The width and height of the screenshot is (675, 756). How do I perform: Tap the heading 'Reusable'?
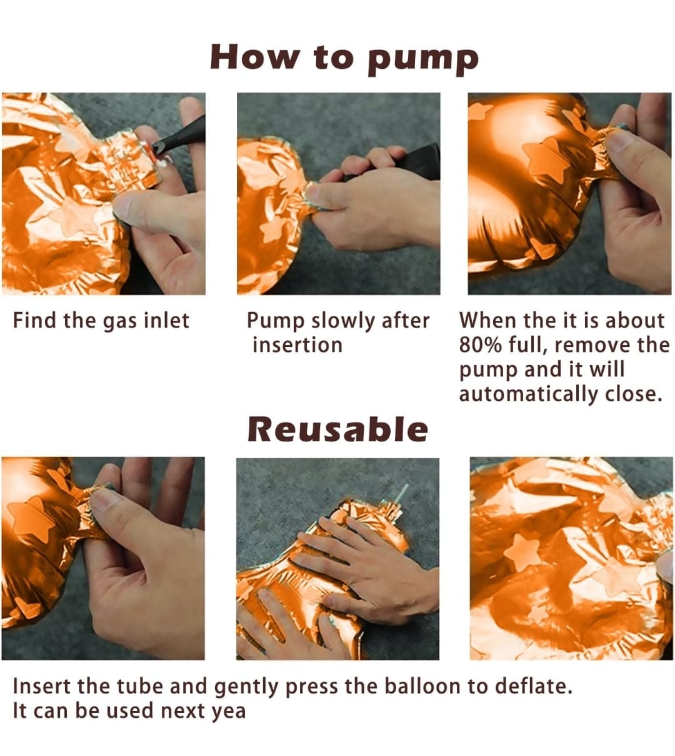(x=338, y=430)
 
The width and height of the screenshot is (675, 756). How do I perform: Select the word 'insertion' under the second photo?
(x=297, y=345)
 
